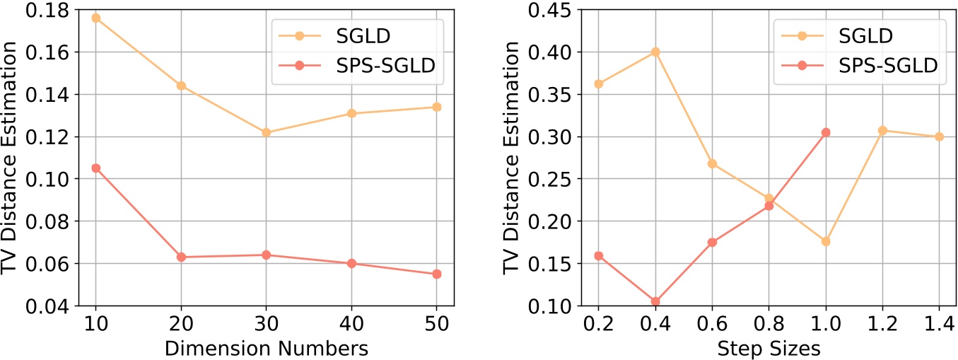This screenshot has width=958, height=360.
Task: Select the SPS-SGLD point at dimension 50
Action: point(436,274)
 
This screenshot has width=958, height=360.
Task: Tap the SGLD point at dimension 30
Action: point(266,132)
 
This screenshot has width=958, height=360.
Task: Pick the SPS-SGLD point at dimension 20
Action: point(181,257)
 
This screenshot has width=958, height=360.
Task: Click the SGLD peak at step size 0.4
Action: point(655,52)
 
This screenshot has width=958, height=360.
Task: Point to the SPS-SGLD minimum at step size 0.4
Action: point(655,301)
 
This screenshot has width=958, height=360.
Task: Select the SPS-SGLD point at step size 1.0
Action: point(825,132)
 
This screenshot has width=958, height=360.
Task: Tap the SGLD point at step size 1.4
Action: point(939,137)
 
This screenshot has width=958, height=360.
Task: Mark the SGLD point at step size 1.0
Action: point(825,241)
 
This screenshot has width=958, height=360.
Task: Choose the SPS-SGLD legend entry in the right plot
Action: point(886,65)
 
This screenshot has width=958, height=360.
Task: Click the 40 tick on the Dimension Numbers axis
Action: point(351,324)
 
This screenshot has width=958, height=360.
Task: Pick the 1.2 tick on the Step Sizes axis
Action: point(882,324)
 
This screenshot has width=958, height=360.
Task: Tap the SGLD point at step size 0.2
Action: point(599,83)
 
